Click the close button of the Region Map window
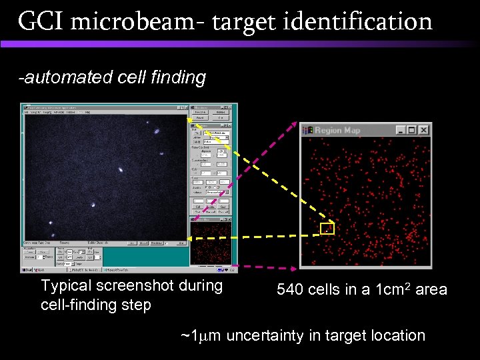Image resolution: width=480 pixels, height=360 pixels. click(x=424, y=130)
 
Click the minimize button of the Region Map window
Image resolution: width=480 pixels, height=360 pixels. click(x=400, y=130)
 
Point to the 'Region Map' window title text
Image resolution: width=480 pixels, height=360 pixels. click(x=337, y=130)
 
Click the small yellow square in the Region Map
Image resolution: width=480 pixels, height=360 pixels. click(x=327, y=229)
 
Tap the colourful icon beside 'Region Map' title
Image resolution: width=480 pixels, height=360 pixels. click(x=307, y=130)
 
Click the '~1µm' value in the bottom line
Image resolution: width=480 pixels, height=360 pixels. click(x=201, y=335)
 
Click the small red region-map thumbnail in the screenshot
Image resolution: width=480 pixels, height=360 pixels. click(x=211, y=243)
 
